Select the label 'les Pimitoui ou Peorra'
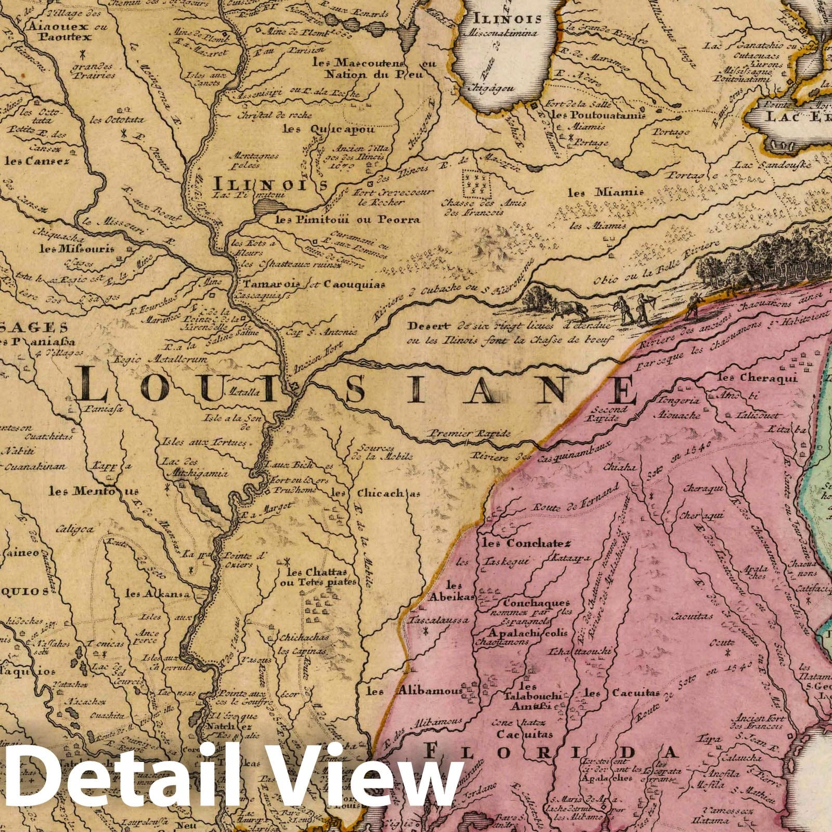347,220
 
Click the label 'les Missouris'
77,248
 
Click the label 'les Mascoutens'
359,62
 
